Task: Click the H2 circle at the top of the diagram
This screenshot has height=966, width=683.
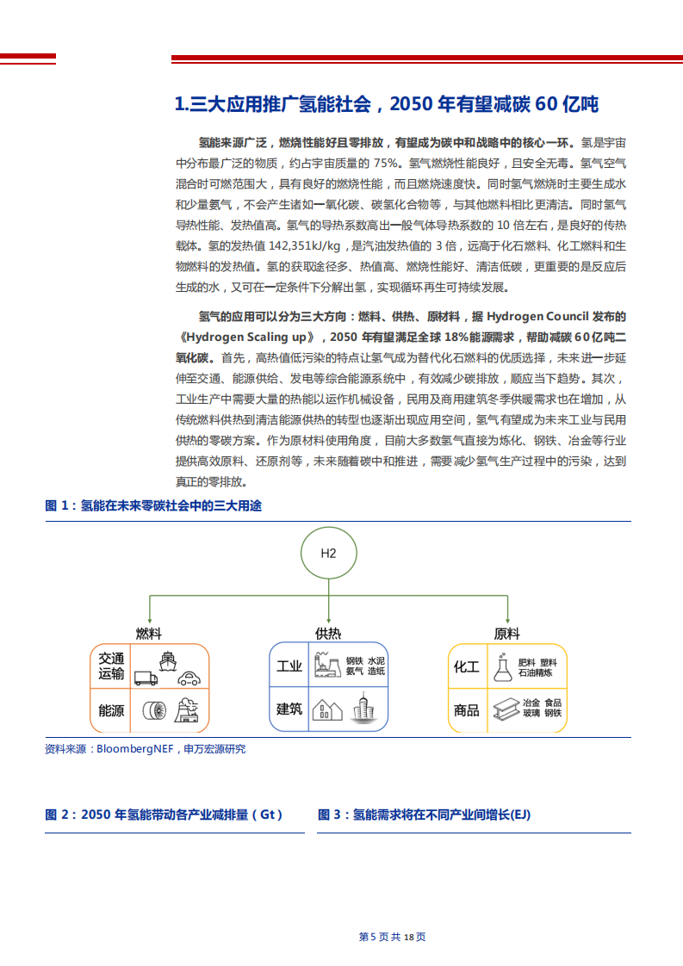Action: coord(328,553)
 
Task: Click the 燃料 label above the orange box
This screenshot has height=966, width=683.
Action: coord(149,634)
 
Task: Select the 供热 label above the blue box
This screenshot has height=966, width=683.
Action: coord(328,634)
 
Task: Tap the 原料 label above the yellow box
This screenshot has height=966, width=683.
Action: coord(507,634)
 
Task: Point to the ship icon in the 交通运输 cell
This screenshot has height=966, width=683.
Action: coord(167,660)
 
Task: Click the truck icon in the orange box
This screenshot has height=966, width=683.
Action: coord(146,678)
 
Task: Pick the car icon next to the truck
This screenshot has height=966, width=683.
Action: coord(188,678)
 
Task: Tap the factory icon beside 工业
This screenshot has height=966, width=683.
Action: coord(324,664)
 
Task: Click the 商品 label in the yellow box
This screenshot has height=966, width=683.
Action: coord(467,710)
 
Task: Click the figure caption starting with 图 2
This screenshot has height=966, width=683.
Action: coord(164,814)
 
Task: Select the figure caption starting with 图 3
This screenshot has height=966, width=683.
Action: coord(424,814)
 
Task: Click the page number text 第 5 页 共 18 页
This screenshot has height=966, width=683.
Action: coord(392,937)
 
